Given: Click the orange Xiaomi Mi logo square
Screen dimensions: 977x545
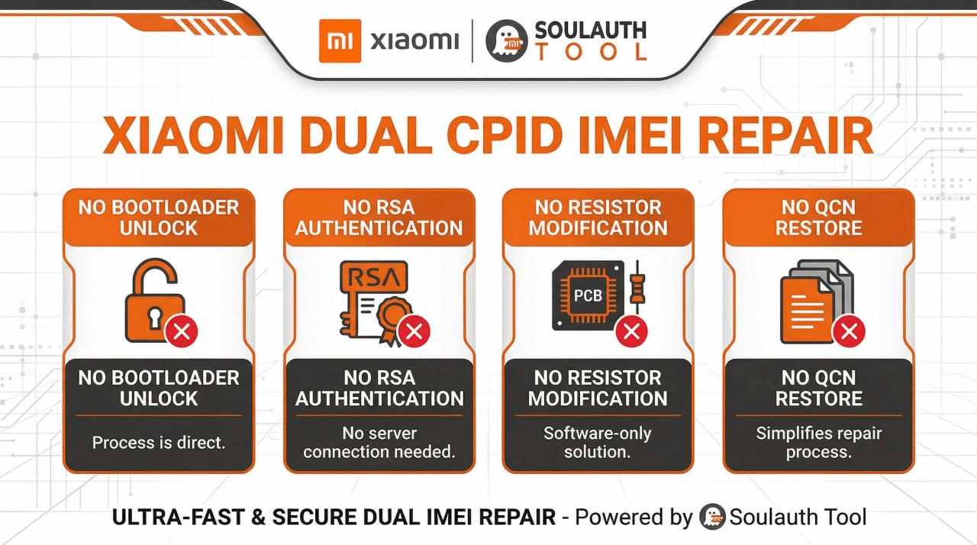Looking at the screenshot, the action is pos(340,41).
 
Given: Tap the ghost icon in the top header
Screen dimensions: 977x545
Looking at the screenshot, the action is pos(506,40).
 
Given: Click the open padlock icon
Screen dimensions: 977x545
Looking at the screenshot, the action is pos(155,300).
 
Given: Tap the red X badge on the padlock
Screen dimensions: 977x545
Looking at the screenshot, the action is pos(181,331).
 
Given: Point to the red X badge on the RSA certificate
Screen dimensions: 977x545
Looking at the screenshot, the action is pos(414,331).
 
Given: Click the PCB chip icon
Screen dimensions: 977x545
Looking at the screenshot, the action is pos(588,295).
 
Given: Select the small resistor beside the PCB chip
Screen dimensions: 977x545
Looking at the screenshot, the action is pos(637,287).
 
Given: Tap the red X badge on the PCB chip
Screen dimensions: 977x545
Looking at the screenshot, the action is pos(631,331).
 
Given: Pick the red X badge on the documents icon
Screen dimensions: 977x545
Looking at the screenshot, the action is pos(849,331).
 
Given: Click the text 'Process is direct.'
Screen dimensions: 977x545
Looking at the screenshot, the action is pos(159,443).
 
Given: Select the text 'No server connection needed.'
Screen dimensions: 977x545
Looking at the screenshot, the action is pos(379,443).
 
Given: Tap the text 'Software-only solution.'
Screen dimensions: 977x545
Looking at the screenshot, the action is pos(598,443).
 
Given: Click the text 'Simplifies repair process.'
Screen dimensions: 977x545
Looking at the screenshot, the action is pos(819,443).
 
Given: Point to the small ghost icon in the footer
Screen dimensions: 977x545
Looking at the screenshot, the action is pos(712,517).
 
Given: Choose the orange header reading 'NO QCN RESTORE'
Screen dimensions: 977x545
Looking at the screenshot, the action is pos(819,218).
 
